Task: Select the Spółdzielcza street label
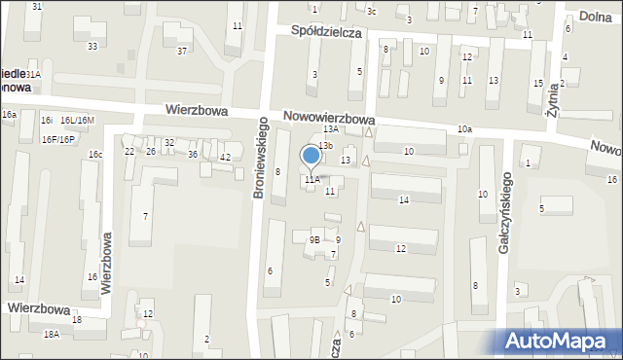pyautogui.click(x=326, y=32)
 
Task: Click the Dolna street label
pyautogui.click(x=596, y=17)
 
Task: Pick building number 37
pyautogui.click(x=181, y=51)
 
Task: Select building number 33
pyautogui.click(x=92, y=46)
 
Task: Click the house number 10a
pyautogui.click(x=464, y=129)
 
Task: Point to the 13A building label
pyautogui.click(x=331, y=128)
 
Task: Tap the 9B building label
pyautogui.click(x=314, y=239)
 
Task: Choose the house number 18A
pyautogui.click(x=52, y=334)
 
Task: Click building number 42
pyautogui.click(x=225, y=157)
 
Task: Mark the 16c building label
pyautogui.click(x=95, y=155)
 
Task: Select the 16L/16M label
pyautogui.click(x=77, y=121)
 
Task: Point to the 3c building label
pyautogui.click(x=371, y=11)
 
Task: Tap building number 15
pyautogui.click(x=537, y=84)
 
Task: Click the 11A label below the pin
pyautogui.click(x=311, y=180)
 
